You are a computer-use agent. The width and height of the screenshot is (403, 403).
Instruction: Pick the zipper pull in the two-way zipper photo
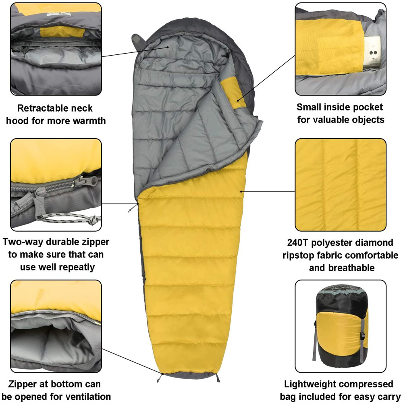point(40,198)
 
